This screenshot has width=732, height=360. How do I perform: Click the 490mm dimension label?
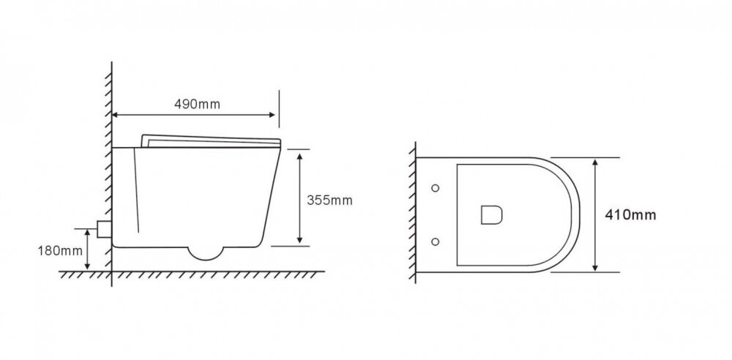(x=197, y=104)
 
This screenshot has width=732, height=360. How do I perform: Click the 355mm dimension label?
(x=329, y=200)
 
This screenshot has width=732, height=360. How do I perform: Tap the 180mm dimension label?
(x=60, y=251)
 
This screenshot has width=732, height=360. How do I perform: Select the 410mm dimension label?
(x=631, y=215)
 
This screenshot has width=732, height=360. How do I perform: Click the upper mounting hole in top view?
(x=435, y=188)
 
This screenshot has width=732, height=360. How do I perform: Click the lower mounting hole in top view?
(x=435, y=241)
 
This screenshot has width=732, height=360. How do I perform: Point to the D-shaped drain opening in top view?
(x=492, y=215)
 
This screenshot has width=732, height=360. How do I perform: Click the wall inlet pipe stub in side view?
(x=104, y=229)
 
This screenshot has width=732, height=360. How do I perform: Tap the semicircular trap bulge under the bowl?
(x=206, y=253)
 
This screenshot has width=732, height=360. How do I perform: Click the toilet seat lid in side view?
(x=211, y=141)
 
